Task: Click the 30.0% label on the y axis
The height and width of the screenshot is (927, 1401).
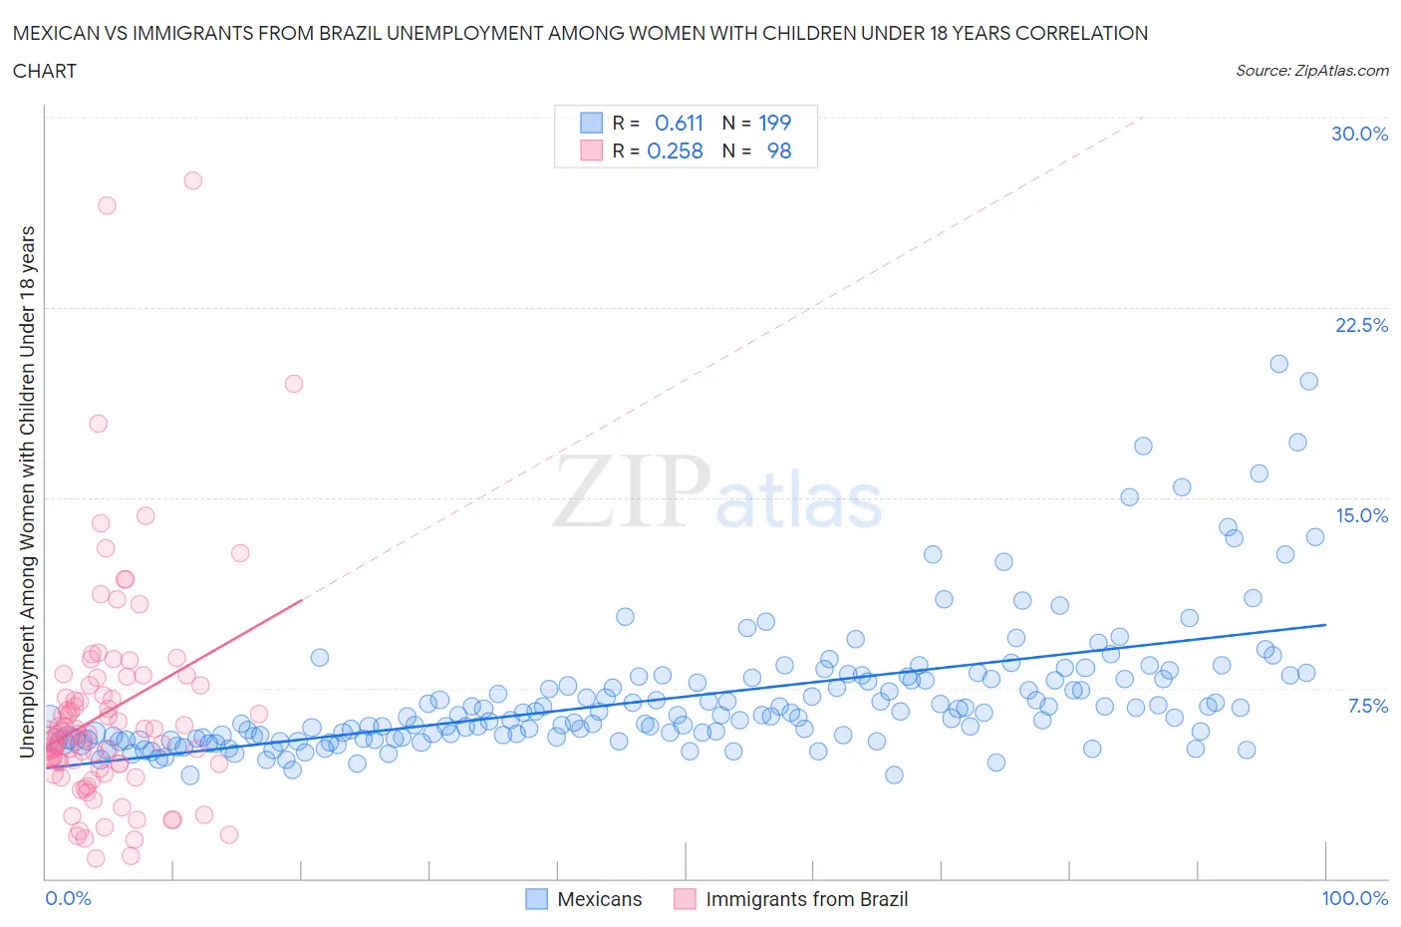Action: (x=1359, y=134)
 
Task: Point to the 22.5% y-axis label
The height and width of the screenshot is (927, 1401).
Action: (x=1360, y=325)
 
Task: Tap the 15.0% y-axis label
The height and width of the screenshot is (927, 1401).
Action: (x=1360, y=515)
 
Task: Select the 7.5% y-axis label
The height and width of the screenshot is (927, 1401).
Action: (x=1367, y=706)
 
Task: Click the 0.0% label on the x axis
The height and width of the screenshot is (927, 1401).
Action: (x=68, y=898)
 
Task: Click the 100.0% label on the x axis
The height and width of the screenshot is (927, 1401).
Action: (x=1354, y=898)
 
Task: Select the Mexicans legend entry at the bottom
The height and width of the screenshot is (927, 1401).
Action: (x=599, y=899)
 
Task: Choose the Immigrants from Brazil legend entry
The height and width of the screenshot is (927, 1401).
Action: (x=806, y=899)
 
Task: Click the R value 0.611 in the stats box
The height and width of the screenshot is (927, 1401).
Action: (x=679, y=123)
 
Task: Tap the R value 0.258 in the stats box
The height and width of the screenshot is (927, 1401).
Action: (x=675, y=151)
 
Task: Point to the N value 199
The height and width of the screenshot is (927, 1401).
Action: (x=774, y=123)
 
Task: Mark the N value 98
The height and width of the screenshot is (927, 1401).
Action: (x=778, y=151)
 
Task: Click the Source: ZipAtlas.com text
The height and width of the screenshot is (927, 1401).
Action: (x=1311, y=70)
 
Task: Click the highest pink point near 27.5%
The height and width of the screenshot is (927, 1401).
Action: (x=192, y=180)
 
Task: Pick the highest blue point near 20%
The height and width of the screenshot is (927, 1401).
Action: (x=1278, y=364)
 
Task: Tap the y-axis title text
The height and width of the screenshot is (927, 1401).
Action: (x=27, y=491)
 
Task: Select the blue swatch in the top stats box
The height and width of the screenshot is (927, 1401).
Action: (x=591, y=123)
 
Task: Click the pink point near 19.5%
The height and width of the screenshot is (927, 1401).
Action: (x=293, y=384)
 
